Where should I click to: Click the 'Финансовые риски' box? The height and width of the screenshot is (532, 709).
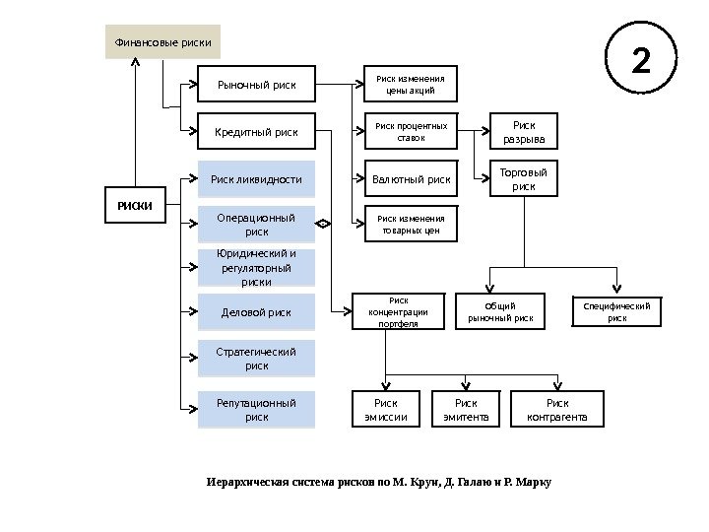(x=162, y=41)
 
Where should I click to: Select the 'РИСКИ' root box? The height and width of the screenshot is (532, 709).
(x=135, y=205)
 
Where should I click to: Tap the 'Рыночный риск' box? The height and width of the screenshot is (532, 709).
(x=256, y=84)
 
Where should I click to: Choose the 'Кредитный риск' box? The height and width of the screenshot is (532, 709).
(x=256, y=131)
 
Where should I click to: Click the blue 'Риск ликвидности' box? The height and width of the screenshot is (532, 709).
(x=256, y=179)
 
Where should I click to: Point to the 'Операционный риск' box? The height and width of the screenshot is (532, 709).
(x=256, y=225)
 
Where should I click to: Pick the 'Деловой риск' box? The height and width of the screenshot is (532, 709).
(x=256, y=312)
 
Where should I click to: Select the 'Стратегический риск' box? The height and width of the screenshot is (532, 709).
(x=256, y=359)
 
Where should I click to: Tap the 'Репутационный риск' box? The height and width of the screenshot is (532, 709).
(x=256, y=410)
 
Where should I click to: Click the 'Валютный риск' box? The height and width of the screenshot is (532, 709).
(x=411, y=178)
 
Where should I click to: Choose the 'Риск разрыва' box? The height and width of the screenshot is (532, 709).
(x=524, y=131)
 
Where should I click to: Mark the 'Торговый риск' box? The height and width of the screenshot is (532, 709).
(x=524, y=178)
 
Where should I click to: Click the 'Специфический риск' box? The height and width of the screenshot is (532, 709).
(x=616, y=311)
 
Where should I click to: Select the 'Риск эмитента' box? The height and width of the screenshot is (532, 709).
(x=466, y=409)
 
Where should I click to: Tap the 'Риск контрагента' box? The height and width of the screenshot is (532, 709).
(x=557, y=409)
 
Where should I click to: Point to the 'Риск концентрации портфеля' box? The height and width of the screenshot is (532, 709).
(x=399, y=311)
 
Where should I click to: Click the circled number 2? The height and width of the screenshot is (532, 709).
(x=641, y=58)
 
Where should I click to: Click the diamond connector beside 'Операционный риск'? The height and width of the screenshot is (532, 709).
(x=323, y=224)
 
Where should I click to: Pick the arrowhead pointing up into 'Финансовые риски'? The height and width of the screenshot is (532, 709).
(x=135, y=61)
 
